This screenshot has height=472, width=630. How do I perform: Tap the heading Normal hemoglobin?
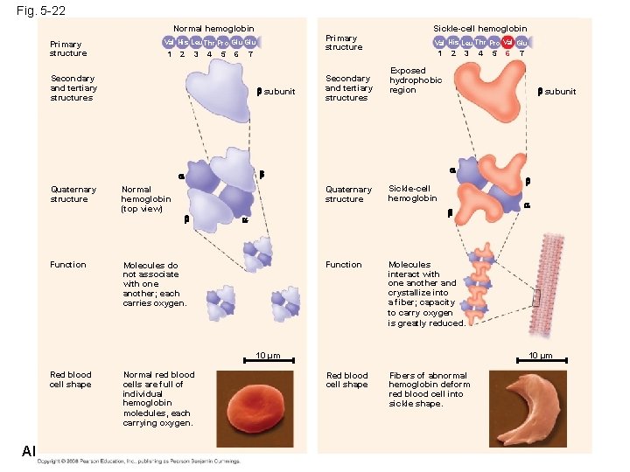coord(213,29)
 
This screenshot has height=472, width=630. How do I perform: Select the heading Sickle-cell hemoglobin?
coord(480,29)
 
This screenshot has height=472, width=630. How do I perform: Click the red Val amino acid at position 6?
coord(507,42)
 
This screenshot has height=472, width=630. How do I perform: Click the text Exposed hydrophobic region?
coord(416,80)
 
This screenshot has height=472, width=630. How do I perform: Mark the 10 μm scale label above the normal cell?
coord(267,355)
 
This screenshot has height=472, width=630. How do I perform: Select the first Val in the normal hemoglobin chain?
coord(169,42)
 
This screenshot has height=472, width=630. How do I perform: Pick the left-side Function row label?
coord(68,264)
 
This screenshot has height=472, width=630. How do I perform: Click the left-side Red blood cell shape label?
coord(70,379)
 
